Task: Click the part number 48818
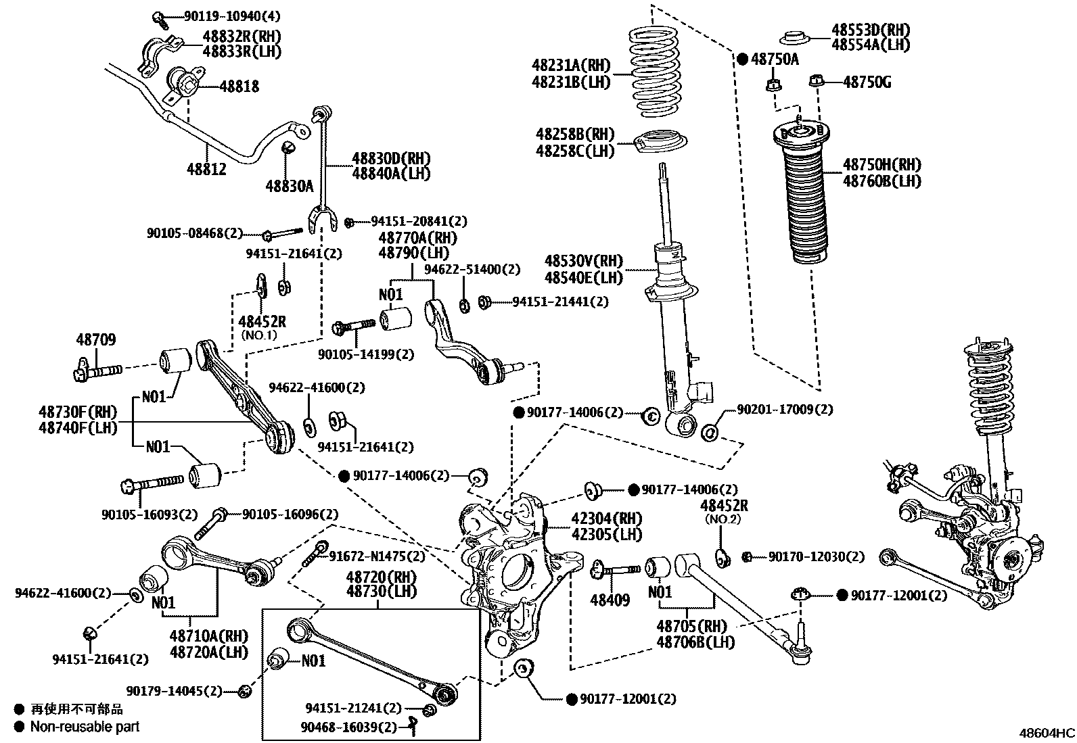click(237, 87)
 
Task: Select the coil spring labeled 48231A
click(654, 64)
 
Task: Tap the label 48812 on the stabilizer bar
click(207, 168)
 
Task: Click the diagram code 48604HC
click(1047, 733)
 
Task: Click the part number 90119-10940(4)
click(223, 16)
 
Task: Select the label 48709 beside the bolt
click(95, 340)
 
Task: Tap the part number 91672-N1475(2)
click(377, 556)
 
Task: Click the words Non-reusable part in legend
click(86, 727)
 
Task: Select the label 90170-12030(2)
click(816, 556)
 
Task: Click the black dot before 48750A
click(742, 59)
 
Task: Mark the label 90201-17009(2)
click(785, 409)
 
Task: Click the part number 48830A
click(290, 186)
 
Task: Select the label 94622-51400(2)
click(472, 270)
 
